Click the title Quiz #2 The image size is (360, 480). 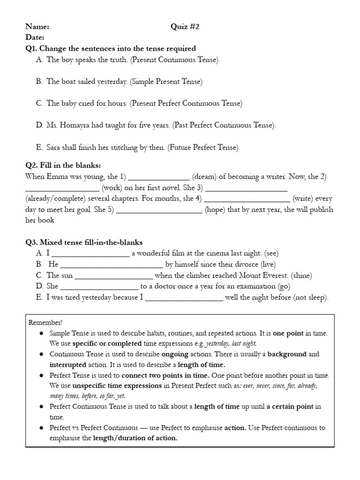pos(185,27)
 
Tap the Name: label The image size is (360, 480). pos(37,27)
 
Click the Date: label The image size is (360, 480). pos(35,37)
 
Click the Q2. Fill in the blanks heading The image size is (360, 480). pos(63,165)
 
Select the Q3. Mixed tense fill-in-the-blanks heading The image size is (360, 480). pos(84,242)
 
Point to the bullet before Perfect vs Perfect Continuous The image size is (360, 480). pos(42,428)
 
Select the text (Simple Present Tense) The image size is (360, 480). pos(166,82)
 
